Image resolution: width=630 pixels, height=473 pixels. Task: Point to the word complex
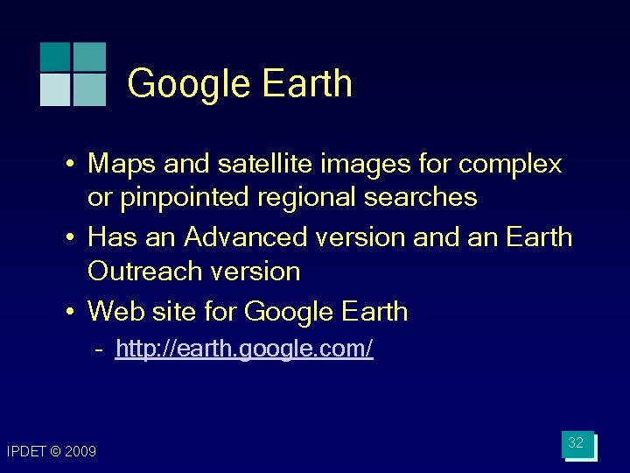click(510, 164)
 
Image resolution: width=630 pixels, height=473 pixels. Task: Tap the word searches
click(421, 197)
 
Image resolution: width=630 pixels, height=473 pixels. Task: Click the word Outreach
click(136, 271)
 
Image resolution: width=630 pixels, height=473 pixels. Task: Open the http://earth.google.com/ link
click(244, 349)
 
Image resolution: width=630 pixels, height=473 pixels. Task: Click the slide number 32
click(576, 443)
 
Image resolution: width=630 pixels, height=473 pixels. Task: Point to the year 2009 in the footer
click(80, 452)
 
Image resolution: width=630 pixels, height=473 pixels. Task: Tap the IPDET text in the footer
click(24, 452)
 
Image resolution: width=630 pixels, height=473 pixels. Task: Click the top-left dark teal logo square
click(55, 56)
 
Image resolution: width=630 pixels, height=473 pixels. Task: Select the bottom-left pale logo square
click(55, 89)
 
